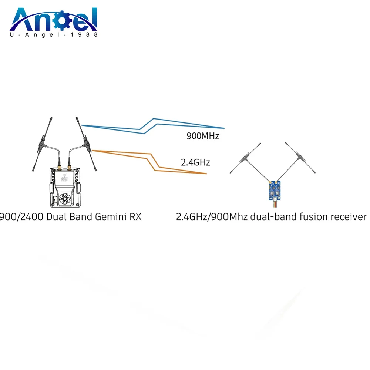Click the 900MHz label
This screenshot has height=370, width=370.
pos(202,136)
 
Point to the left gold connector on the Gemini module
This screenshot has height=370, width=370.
pos(59,168)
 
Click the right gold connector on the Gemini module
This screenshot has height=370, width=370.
pos(69,168)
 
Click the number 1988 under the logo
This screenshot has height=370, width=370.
pos(87,34)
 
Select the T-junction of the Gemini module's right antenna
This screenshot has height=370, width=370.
pos(86,141)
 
